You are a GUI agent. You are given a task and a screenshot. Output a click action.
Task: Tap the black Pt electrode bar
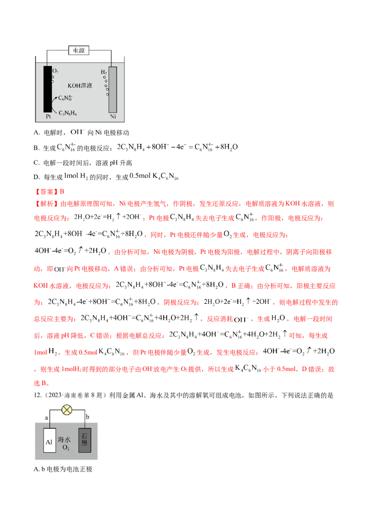click(x=48, y=89)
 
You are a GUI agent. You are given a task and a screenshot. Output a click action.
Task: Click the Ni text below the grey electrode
click(x=113, y=117)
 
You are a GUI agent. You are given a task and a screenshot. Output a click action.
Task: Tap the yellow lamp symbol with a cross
click(x=67, y=410)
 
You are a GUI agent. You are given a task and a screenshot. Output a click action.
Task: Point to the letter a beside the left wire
click(x=46, y=418)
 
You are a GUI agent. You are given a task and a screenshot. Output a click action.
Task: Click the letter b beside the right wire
click(x=88, y=418)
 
